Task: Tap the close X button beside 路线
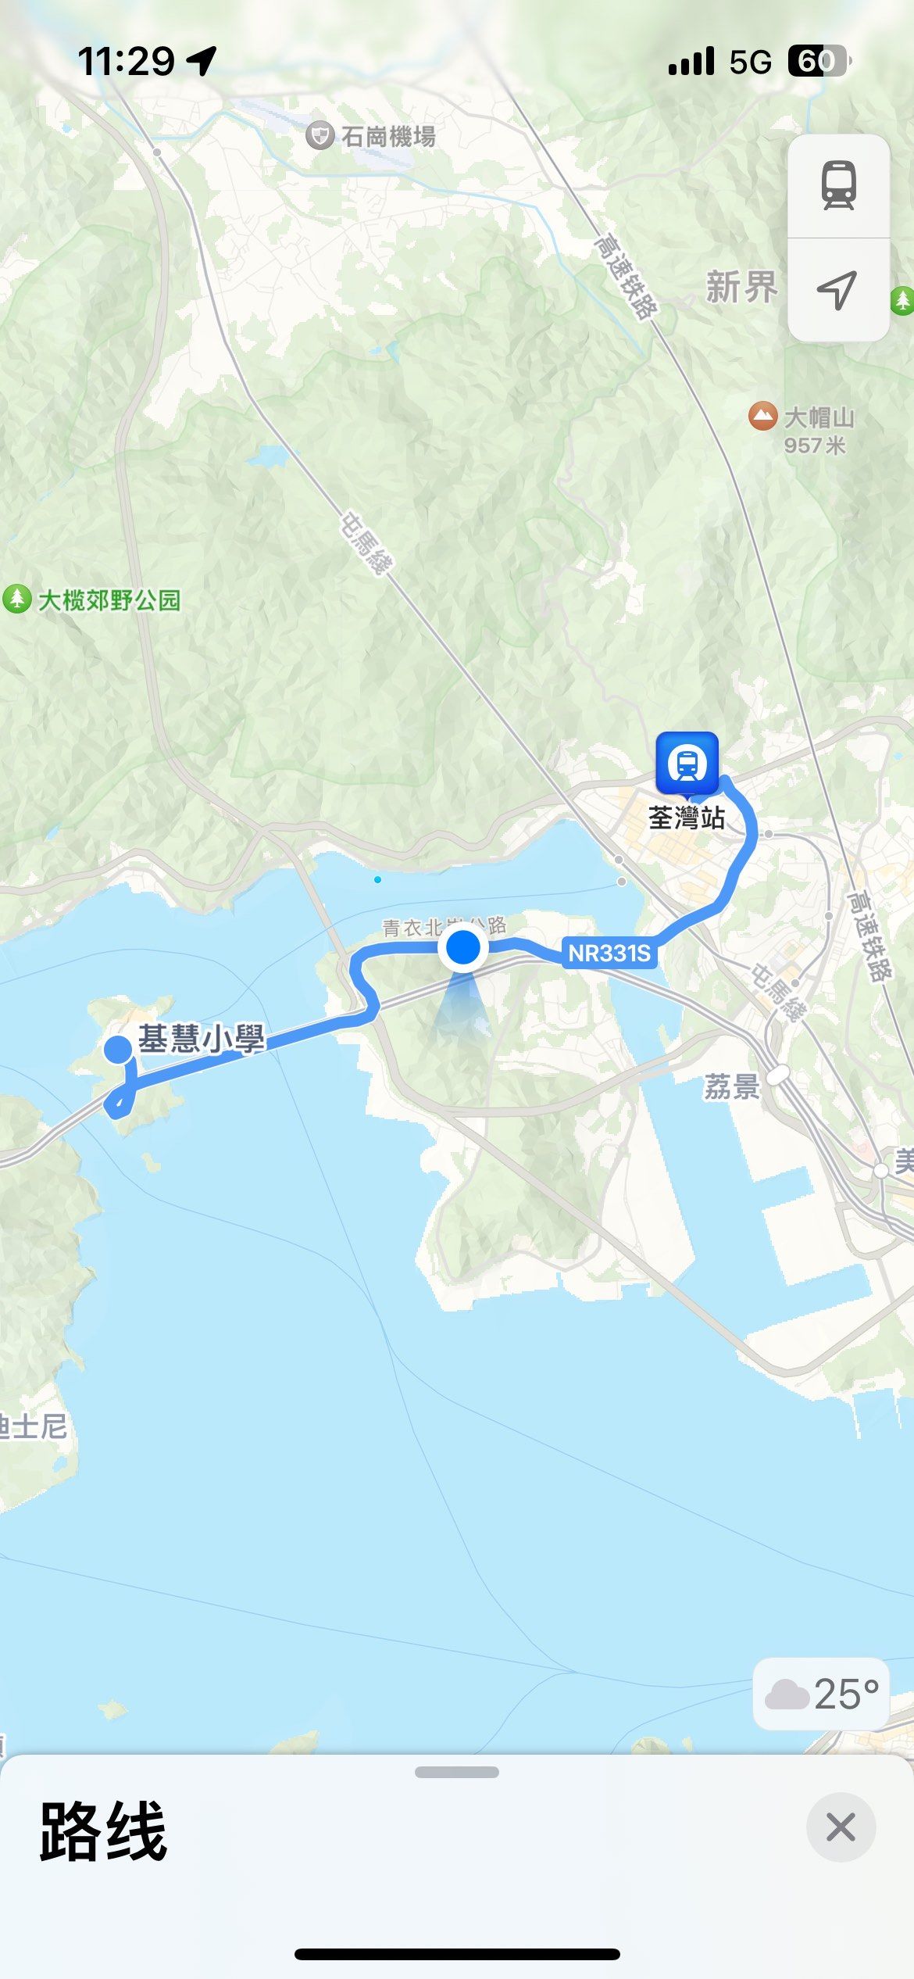coord(841,1827)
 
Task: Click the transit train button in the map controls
coord(838,186)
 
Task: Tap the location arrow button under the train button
coord(837,291)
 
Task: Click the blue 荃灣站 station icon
coord(687,763)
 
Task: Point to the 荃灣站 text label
coord(687,818)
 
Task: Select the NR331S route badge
coord(609,954)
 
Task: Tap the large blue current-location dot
coord(463,947)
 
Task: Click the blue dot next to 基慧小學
coord(119,1049)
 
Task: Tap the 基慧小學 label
coord(202,1039)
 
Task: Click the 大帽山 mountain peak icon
coord(762,416)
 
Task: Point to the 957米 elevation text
coord(815,446)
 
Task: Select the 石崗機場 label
coord(388,137)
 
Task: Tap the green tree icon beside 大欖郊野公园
coord(16,599)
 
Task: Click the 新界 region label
coord(741,287)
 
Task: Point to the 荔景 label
coord(732,1086)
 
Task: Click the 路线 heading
coord(103,1831)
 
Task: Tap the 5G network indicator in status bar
coord(750,62)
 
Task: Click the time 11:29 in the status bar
coord(126,61)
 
